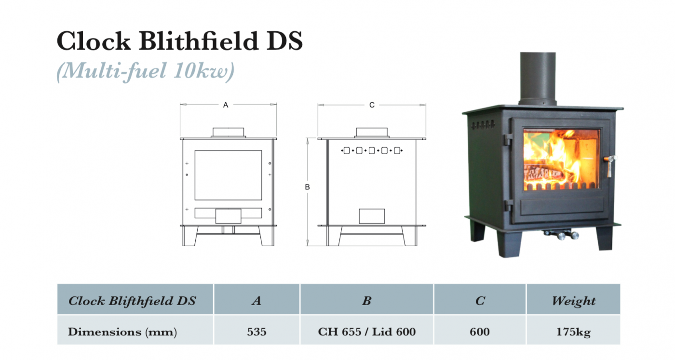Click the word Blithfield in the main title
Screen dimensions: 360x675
(197, 41)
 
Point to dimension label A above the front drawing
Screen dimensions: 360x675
(226, 105)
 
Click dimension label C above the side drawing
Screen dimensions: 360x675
(372, 105)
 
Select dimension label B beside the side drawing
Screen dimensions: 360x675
(307, 187)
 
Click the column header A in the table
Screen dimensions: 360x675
(256, 301)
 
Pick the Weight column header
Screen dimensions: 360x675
(573, 301)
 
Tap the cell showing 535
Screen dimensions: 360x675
(256, 332)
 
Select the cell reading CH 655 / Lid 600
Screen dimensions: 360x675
(367, 332)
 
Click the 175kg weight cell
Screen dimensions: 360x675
(573, 332)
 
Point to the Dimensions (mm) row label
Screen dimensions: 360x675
(122, 332)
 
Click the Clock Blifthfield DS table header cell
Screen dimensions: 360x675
(133, 301)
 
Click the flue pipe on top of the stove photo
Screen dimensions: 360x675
(537, 77)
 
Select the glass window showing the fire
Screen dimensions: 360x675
(562, 159)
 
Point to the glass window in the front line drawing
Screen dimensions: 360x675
(228, 175)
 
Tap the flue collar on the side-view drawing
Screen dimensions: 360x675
(372, 133)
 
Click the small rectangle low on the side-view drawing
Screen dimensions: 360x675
(372, 216)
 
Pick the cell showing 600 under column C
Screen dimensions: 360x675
(480, 332)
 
